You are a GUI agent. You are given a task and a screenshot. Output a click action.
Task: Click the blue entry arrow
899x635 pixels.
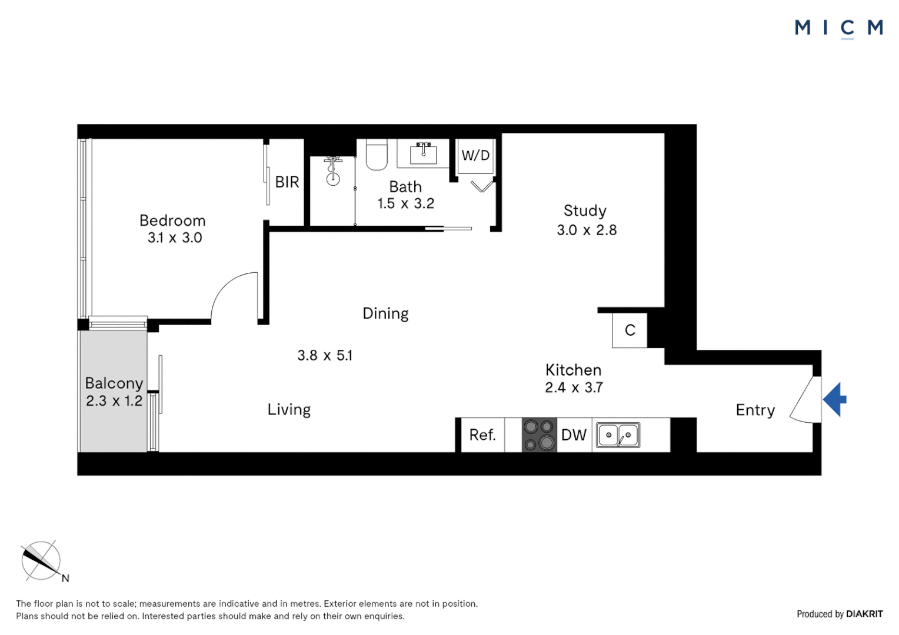tap(835, 400)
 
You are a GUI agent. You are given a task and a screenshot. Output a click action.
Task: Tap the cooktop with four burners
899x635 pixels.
tap(539, 435)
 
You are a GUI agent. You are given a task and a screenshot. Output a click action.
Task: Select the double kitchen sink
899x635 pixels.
tap(618, 436)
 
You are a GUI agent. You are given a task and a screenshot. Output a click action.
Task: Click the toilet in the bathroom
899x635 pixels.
tap(377, 155)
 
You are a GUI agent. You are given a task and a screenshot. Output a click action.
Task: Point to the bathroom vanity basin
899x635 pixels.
tap(423, 153)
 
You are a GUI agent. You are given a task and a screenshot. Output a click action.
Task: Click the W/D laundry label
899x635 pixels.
tap(475, 156)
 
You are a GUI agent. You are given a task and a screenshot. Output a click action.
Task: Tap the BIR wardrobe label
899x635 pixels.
tap(287, 182)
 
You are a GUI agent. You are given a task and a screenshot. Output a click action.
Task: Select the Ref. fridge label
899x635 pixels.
tap(482, 435)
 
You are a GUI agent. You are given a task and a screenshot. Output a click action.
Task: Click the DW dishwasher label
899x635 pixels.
tap(574, 435)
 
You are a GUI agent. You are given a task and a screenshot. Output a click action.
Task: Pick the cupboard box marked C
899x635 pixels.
tap(630, 330)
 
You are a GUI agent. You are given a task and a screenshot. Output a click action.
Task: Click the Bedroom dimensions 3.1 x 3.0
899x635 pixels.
tap(175, 238)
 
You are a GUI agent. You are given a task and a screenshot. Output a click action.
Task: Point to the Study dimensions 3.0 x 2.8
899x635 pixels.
tap(587, 230)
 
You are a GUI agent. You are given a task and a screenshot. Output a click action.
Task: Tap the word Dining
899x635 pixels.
tap(385, 313)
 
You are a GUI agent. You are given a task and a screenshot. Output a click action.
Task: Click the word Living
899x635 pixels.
tap(289, 410)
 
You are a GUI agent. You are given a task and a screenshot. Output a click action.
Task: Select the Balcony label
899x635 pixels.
tap(114, 383)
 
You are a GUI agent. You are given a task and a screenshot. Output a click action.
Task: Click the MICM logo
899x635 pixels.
tap(838, 28)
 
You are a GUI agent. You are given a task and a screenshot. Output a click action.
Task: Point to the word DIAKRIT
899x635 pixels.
tap(864, 614)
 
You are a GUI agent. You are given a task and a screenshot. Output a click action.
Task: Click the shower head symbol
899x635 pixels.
tap(333, 171)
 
